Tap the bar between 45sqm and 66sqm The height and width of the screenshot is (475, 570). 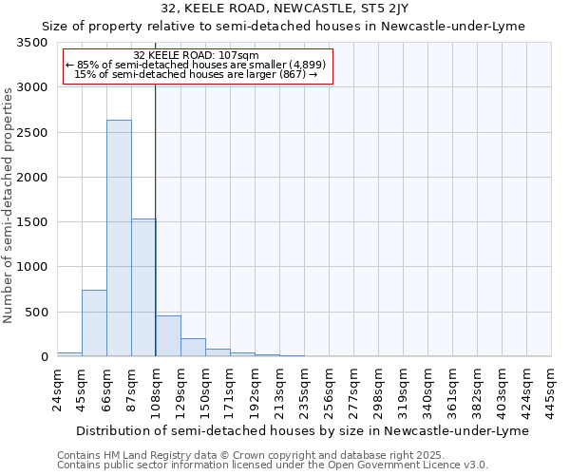coord(94,323)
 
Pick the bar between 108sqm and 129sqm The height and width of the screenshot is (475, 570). coord(168,336)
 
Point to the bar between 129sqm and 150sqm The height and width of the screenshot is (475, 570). coord(193,348)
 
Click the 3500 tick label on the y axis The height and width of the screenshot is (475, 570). coord(32,44)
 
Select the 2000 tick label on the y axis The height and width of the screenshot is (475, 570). coord(32,178)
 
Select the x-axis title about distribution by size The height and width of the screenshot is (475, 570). coord(300,430)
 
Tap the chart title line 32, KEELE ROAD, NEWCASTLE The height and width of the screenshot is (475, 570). coord(286,9)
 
